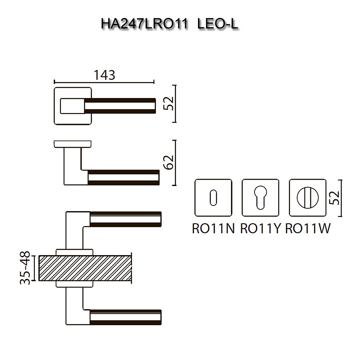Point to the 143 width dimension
(x=104, y=75)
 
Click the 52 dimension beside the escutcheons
(x=336, y=198)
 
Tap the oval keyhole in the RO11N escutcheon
(x=212, y=198)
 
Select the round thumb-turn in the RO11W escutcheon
(x=307, y=198)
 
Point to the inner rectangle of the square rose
(x=72, y=106)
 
